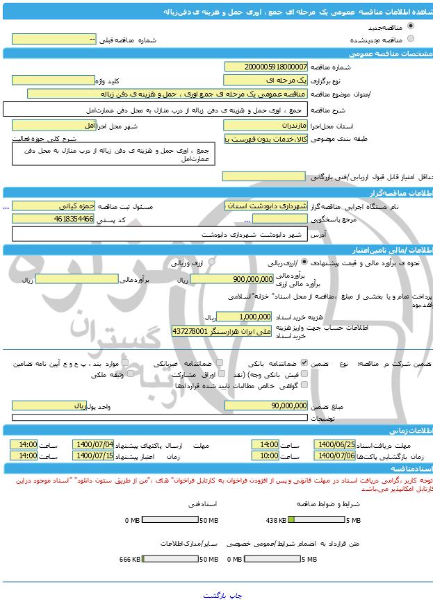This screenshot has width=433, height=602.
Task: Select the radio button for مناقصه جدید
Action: pyautogui.click(x=411, y=28)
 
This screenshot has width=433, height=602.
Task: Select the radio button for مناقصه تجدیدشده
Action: pyautogui.click(x=411, y=39)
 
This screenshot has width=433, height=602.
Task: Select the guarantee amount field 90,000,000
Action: pyautogui.click(x=265, y=405)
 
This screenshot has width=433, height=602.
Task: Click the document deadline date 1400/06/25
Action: pyautogui.click(x=335, y=444)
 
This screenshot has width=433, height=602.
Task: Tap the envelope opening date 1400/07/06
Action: pyautogui.click(x=335, y=456)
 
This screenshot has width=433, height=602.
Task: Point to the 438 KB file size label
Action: pyautogui.click(x=276, y=520)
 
